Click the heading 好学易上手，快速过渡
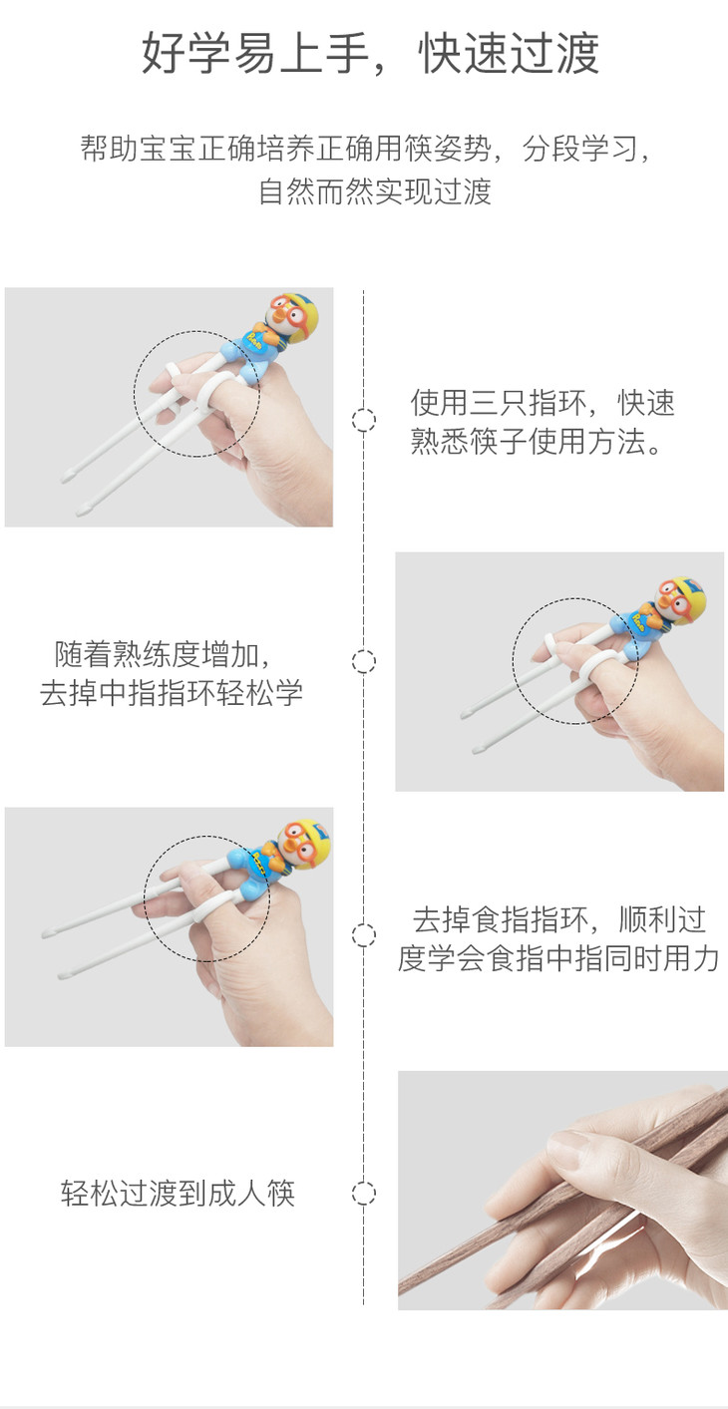pyautogui.click(x=370, y=54)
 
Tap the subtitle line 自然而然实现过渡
pyautogui.click(x=374, y=191)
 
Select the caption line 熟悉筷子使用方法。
pyautogui.click(x=537, y=441)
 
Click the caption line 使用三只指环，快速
pyautogui.click(x=543, y=403)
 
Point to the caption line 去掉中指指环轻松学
pyautogui.click(x=172, y=693)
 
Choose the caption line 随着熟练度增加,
pyautogui.click(x=163, y=654)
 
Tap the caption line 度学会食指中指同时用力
pyautogui.click(x=557, y=958)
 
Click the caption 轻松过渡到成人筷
pyautogui.click(x=179, y=1194)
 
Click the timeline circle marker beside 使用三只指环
pyautogui.click(x=364, y=420)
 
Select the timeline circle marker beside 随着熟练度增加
pyautogui.click(x=364, y=661)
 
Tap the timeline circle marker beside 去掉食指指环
pyautogui.click(x=364, y=934)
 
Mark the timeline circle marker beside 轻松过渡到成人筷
pyautogui.click(x=364, y=1194)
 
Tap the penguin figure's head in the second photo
pyautogui.click(x=679, y=599)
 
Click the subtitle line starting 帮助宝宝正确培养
pyautogui.click(x=364, y=150)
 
